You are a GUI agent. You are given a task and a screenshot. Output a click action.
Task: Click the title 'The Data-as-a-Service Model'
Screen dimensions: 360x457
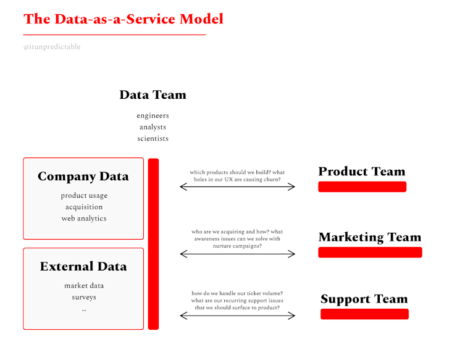tap(124, 19)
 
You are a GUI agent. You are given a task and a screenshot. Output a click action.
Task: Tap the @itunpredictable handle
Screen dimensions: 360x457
tap(52, 47)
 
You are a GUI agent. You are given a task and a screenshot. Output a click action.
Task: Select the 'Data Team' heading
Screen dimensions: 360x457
tap(153, 95)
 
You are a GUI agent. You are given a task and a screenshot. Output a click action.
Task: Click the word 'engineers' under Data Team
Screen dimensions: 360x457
tap(153, 115)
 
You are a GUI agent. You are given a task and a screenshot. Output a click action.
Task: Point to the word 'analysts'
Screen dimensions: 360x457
tap(153, 127)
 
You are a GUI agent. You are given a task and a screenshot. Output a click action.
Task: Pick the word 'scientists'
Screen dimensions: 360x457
tap(153, 138)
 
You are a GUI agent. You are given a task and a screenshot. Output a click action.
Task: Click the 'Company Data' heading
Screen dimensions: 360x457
tap(83, 177)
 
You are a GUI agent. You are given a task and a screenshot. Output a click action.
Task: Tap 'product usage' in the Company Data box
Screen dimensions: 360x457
tap(84, 196)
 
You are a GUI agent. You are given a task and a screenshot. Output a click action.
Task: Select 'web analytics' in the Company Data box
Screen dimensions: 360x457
tap(84, 218)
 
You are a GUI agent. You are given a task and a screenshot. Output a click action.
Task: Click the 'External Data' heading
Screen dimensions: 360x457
tap(83, 267)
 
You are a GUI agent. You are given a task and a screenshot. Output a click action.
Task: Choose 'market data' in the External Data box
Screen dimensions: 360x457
tap(84, 285)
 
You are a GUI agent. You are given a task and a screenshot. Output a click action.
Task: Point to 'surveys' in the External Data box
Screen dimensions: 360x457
tap(84, 297)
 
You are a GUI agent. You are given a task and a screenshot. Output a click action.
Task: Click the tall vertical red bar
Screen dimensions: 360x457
tap(153, 244)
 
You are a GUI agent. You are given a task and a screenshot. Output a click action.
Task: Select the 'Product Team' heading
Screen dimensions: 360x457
tap(362, 172)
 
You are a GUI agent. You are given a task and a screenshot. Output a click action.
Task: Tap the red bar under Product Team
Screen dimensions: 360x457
tap(362, 187)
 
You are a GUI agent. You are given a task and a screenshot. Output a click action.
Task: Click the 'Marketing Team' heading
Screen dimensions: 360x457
tap(369, 237)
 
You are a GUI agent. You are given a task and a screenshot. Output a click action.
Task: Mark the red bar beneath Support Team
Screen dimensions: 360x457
tap(364, 314)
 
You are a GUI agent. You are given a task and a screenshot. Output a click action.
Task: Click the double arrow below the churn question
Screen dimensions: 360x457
tap(237, 186)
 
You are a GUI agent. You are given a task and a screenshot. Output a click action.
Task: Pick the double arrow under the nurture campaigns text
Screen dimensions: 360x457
tap(237, 253)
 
